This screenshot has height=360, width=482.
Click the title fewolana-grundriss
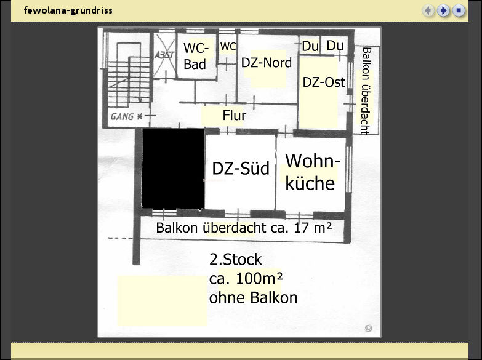coord(68,10)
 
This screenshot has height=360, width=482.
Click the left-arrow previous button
coord(428,10)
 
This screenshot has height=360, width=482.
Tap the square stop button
coord(459,10)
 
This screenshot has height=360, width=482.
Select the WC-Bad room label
coord(196,56)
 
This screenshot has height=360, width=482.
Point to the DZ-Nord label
coord(267,63)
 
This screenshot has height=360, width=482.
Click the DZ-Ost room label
coord(324,82)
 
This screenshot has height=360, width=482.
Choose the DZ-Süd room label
coord(241,168)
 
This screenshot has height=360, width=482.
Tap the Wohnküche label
coord(313,172)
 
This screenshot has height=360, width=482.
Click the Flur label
coord(235,115)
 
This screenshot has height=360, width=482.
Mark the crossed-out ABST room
coord(164,55)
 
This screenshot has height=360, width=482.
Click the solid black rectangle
coord(173,169)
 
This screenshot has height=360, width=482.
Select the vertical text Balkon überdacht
coord(366,90)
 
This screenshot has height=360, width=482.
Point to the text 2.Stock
coord(236,260)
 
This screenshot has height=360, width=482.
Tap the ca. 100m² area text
coord(246,279)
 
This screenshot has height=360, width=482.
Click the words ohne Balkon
coord(253,298)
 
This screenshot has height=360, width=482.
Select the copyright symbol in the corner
coord(368,328)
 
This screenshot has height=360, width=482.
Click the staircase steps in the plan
coord(129,80)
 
